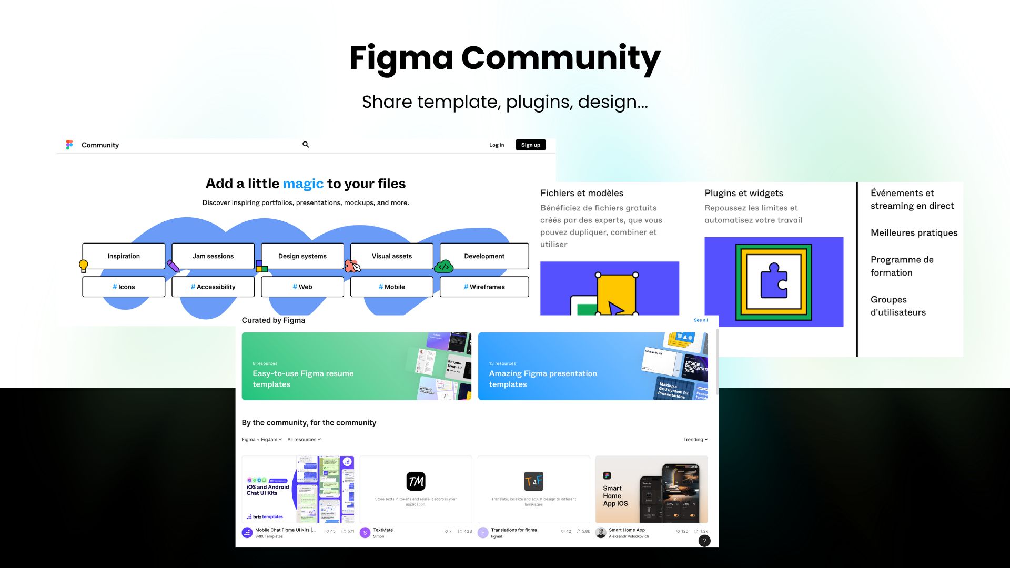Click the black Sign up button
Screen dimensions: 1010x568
pos(530,145)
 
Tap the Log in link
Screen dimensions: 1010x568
pos(497,145)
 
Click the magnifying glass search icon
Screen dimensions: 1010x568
pos(306,145)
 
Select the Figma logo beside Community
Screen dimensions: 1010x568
pos(69,145)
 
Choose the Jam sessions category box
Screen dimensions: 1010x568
pos(213,256)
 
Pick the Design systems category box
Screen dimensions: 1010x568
pos(302,256)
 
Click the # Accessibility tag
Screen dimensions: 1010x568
pos(213,287)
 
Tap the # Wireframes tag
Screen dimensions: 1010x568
pos(484,287)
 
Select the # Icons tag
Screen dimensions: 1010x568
pos(124,287)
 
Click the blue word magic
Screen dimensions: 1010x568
pos(303,184)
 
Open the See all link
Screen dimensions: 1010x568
pos(701,320)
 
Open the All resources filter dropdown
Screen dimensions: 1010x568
pos(304,440)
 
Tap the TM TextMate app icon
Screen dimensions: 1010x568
pos(416,481)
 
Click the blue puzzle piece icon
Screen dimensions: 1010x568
pos(774,281)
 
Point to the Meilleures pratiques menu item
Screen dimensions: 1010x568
pos(914,233)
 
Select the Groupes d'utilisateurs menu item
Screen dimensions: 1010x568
pos(898,306)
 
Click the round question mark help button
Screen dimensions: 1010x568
pos(704,541)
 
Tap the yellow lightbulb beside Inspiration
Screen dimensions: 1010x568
pos(83,266)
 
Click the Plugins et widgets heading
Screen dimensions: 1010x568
pos(744,193)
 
